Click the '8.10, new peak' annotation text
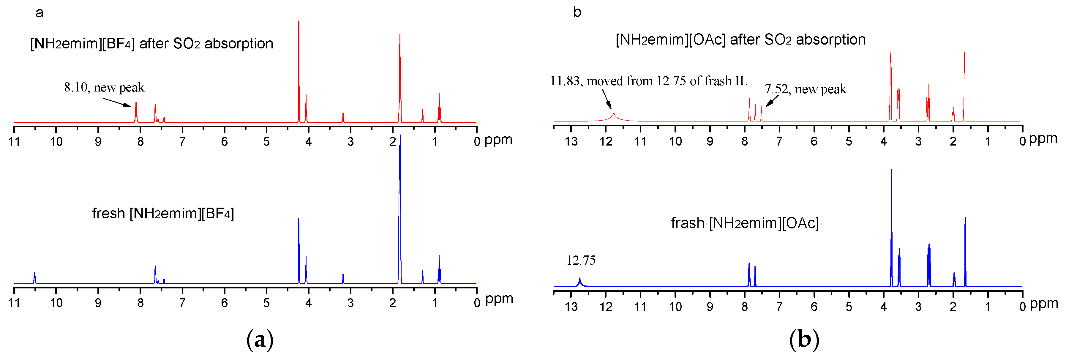pos(104,87)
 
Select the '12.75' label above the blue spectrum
pos(581,260)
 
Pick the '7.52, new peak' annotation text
pos(805,89)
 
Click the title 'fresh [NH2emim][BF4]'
pos(163,214)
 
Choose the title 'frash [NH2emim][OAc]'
pos(744,223)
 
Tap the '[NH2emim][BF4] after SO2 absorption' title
pos(151,43)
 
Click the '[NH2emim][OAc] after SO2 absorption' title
pos(740,40)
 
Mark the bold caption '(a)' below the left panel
pos(260,340)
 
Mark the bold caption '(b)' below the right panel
pos(804,340)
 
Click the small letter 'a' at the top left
pos(39,13)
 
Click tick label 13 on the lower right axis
pos(571,307)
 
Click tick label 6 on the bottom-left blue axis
pos(224,303)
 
